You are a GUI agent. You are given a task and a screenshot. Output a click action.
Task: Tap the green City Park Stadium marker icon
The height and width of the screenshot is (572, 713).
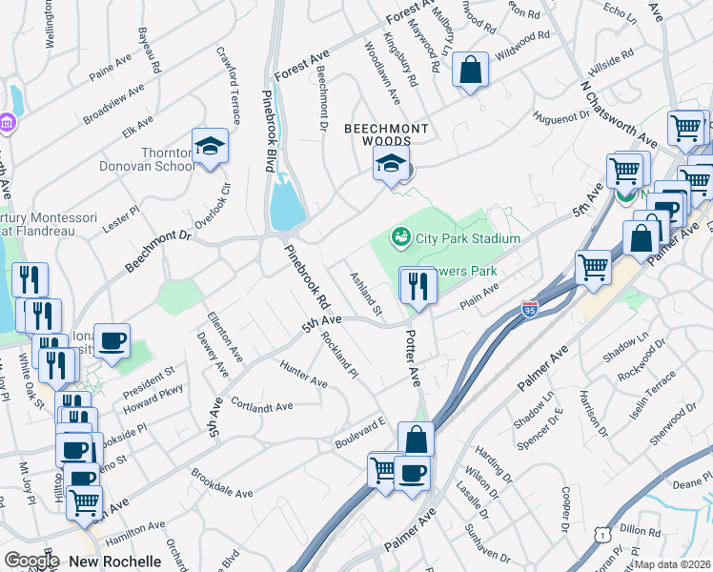pos(400,236)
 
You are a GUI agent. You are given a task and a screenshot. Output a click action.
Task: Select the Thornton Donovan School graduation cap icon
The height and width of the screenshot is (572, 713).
pos(210,147)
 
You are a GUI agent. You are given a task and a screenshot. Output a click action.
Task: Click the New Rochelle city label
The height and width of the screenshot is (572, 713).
pos(114,562)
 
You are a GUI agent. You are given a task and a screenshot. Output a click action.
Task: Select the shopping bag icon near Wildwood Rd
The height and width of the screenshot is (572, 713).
pos(470,70)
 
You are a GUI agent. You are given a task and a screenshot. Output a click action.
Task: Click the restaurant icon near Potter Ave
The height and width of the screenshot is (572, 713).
pos(417,284)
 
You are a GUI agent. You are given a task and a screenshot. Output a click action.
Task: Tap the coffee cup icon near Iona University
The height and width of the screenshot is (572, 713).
pos(112,341)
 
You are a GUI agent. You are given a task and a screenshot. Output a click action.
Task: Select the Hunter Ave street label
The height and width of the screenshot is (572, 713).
pos(304,374)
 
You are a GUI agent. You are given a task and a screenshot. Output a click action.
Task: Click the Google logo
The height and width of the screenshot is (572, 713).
pos(31,562)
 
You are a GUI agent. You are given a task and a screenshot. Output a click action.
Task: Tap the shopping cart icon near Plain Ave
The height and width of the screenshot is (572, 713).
pos(593,266)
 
